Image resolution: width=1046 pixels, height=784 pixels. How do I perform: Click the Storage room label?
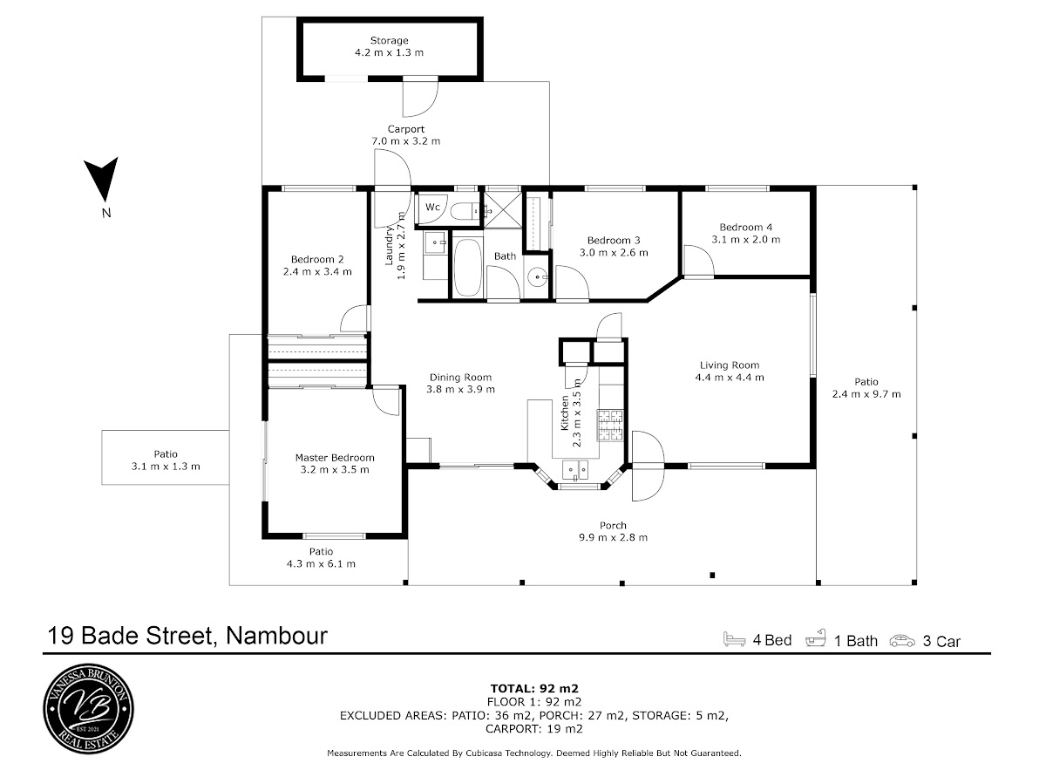coord(390,40)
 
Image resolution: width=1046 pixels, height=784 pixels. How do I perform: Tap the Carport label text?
coord(405,129)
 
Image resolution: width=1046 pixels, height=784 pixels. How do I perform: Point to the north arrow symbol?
coord(101,180)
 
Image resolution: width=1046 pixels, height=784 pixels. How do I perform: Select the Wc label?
coord(432,207)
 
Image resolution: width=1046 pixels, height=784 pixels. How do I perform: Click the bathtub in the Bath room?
coord(466,268)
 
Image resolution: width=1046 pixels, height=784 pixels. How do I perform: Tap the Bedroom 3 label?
coord(614,241)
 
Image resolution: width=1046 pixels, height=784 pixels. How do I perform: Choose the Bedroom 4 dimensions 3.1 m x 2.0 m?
coord(746,240)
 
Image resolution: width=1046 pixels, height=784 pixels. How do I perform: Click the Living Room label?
coord(729,365)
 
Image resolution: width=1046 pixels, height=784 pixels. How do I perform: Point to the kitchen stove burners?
coord(610,425)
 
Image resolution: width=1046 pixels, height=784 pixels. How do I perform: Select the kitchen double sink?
coord(575,469)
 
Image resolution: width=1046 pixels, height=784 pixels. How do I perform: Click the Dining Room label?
coord(460,378)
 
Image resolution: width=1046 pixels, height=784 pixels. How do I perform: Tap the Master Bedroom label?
coord(335,458)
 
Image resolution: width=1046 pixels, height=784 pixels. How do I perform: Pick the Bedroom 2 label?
coord(317,260)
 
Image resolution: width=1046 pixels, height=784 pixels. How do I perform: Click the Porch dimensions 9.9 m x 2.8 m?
coord(613,537)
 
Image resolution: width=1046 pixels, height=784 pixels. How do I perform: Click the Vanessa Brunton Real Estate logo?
coord(89,709)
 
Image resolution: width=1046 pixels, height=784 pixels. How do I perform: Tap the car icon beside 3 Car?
coord(902,641)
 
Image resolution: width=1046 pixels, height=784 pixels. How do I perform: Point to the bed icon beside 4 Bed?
coord(734,639)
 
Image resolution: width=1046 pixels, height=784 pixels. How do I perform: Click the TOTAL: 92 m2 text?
coord(534,688)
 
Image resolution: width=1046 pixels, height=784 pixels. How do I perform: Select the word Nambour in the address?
coord(276,635)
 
